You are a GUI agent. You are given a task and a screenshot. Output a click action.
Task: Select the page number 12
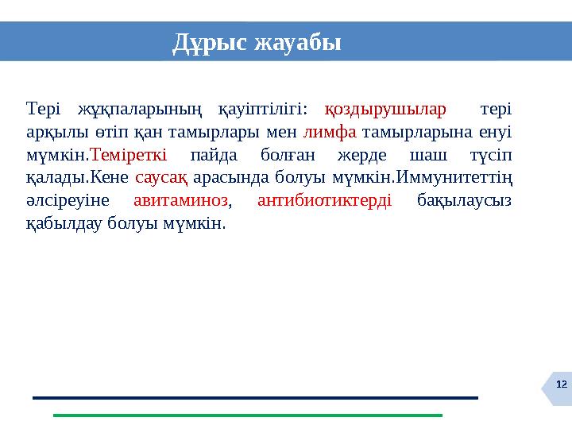point(561,385)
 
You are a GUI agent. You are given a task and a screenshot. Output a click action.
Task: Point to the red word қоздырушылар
point(386,108)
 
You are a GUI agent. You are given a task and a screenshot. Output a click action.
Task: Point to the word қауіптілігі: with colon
point(263,108)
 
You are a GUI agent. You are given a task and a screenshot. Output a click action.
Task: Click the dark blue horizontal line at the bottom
point(254,397)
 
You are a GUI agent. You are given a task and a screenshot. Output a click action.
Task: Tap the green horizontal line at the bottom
point(246,415)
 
